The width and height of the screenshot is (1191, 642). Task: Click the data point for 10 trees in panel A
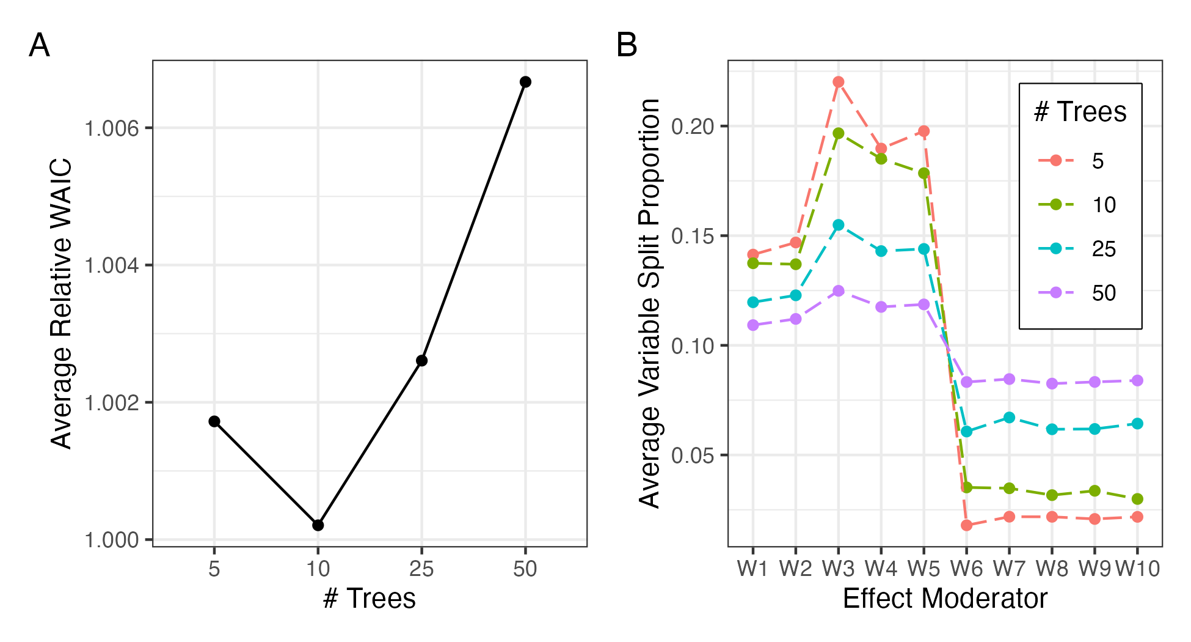(318, 525)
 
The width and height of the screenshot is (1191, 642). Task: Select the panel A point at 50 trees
(525, 82)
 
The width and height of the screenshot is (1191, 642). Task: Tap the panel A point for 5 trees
(214, 421)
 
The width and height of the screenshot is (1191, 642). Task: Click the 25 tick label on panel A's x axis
(421, 569)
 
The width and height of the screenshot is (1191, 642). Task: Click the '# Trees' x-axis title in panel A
(370, 599)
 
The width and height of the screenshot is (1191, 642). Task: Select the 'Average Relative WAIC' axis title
(61, 304)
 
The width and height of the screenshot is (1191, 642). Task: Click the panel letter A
(39, 46)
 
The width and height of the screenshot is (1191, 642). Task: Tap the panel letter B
(627, 46)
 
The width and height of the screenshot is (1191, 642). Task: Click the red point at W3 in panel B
(839, 82)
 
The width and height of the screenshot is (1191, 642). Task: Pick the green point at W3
(839, 133)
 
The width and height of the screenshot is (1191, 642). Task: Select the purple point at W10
(1137, 381)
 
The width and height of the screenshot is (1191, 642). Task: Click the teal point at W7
(1009, 418)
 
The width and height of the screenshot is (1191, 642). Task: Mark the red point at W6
(966, 525)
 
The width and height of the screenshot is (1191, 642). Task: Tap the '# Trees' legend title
(1080, 112)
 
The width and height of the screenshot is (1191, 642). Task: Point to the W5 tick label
(923, 569)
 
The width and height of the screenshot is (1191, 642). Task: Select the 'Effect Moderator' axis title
(945, 599)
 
